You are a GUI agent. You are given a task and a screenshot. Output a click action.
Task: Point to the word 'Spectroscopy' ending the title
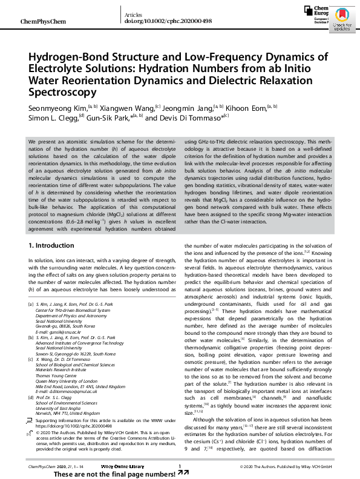(63, 92)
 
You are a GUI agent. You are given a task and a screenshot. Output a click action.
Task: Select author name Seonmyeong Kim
(57, 107)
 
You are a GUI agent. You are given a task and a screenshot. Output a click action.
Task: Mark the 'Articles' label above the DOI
(133, 13)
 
